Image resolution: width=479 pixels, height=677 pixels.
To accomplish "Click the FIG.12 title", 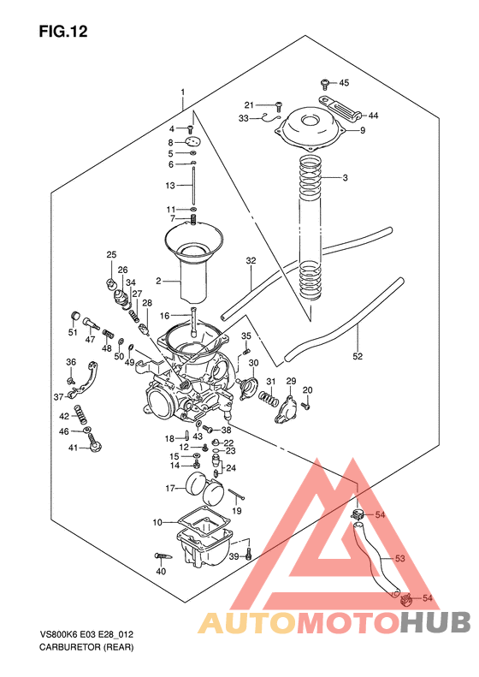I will [x=63, y=33].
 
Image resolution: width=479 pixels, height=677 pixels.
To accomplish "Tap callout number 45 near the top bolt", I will [x=345, y=83].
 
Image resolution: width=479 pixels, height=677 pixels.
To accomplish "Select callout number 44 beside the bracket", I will [x=374, y=115].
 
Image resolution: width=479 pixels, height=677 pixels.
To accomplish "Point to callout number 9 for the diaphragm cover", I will [x=363, y=130].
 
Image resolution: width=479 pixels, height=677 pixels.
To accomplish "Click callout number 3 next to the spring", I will [x=345, y=178].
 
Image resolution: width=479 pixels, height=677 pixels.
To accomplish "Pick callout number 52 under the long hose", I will [x=358, y=356].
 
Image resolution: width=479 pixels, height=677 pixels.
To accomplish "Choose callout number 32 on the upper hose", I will [x=251, y=260].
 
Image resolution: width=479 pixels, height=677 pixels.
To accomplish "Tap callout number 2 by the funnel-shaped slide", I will [x=157, y=281].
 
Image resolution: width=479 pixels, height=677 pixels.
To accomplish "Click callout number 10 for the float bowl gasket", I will [x=157, y=521].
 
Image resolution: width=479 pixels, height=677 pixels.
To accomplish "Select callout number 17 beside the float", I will [x=170, y=488].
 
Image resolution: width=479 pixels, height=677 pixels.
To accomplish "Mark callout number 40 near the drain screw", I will [x=161, y=571].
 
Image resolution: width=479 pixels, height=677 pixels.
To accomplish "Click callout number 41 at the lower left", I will [x=74, y=448].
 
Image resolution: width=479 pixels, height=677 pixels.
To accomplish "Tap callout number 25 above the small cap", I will [x=111, y=255].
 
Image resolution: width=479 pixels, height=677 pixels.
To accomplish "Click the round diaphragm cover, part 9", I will [x=311, y=128].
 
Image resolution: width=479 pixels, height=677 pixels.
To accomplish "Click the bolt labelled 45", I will [x=326, y=83].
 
